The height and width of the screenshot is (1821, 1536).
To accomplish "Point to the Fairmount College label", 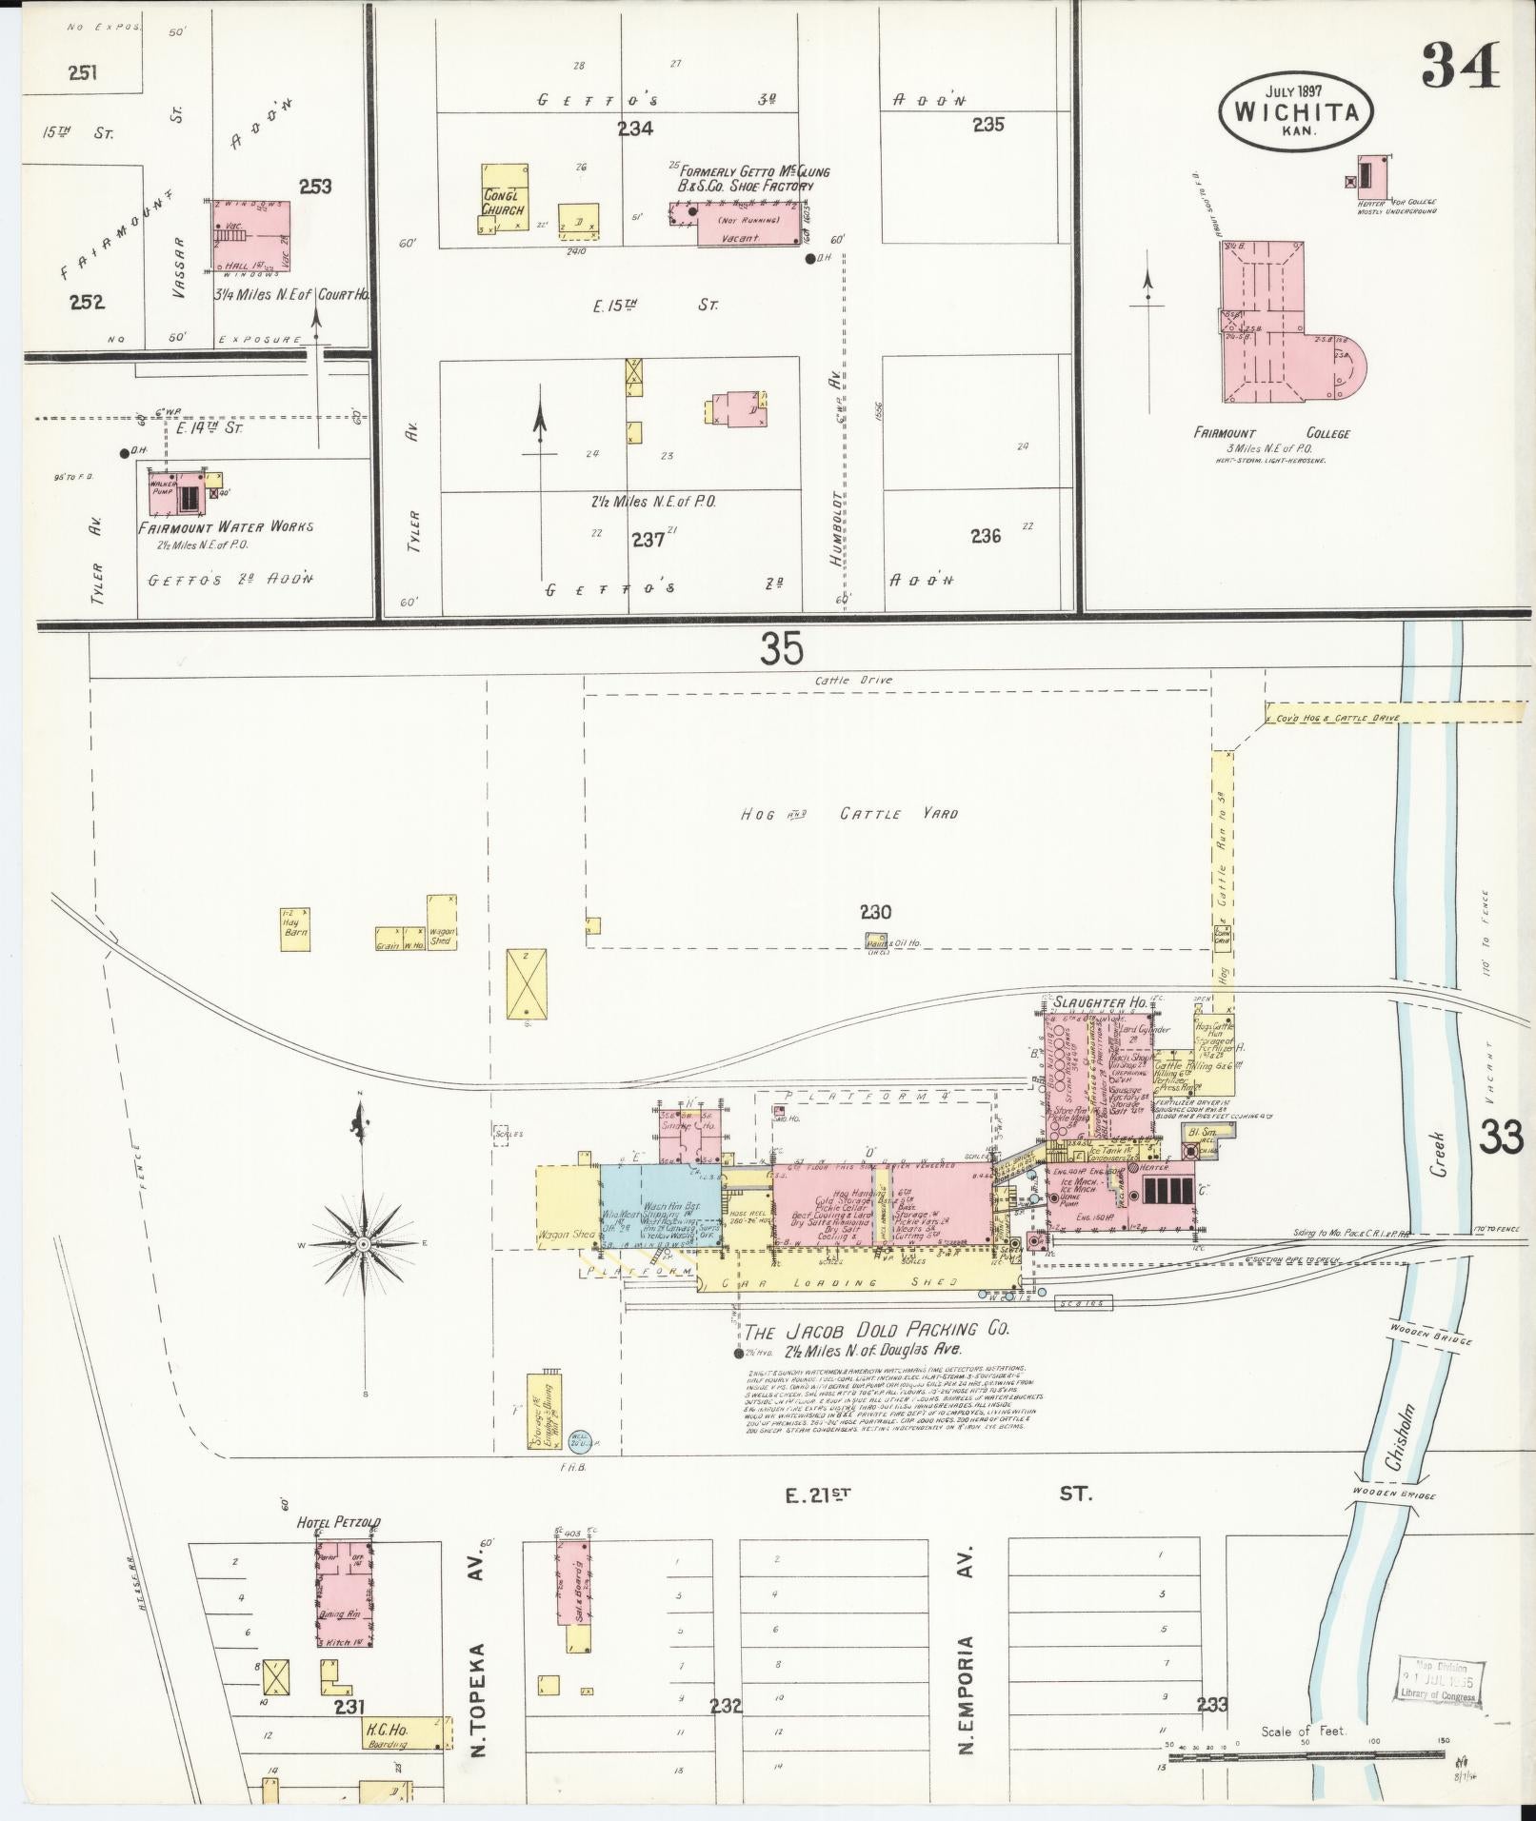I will click(1271, 434).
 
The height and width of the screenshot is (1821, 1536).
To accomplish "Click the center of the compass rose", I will click(362, 1243).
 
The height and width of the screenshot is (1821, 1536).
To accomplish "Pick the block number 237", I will click(647, 539).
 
